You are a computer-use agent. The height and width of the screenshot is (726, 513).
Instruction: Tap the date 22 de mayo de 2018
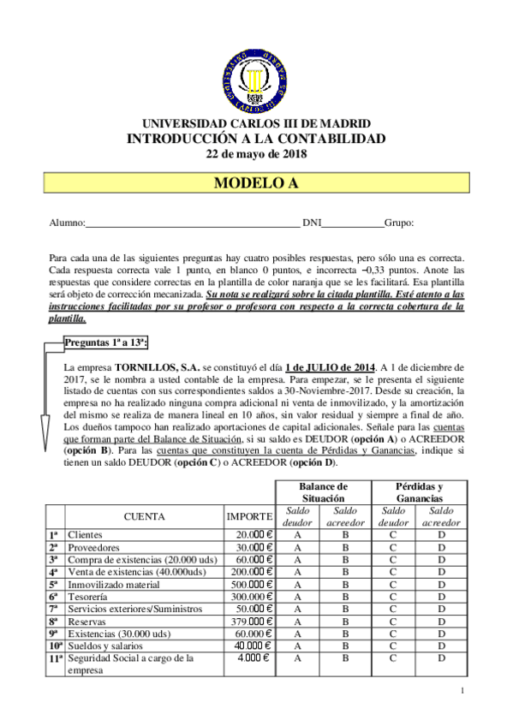[256, 154]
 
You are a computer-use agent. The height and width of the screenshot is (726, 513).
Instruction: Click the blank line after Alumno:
[192, 224]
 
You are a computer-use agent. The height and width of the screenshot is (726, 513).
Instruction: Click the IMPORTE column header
[249, 516]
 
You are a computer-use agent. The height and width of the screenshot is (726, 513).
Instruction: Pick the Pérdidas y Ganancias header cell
[419, 491]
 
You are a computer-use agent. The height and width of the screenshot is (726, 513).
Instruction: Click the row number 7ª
[54, 609]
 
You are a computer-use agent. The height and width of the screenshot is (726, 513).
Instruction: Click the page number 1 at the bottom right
[462, 692]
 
